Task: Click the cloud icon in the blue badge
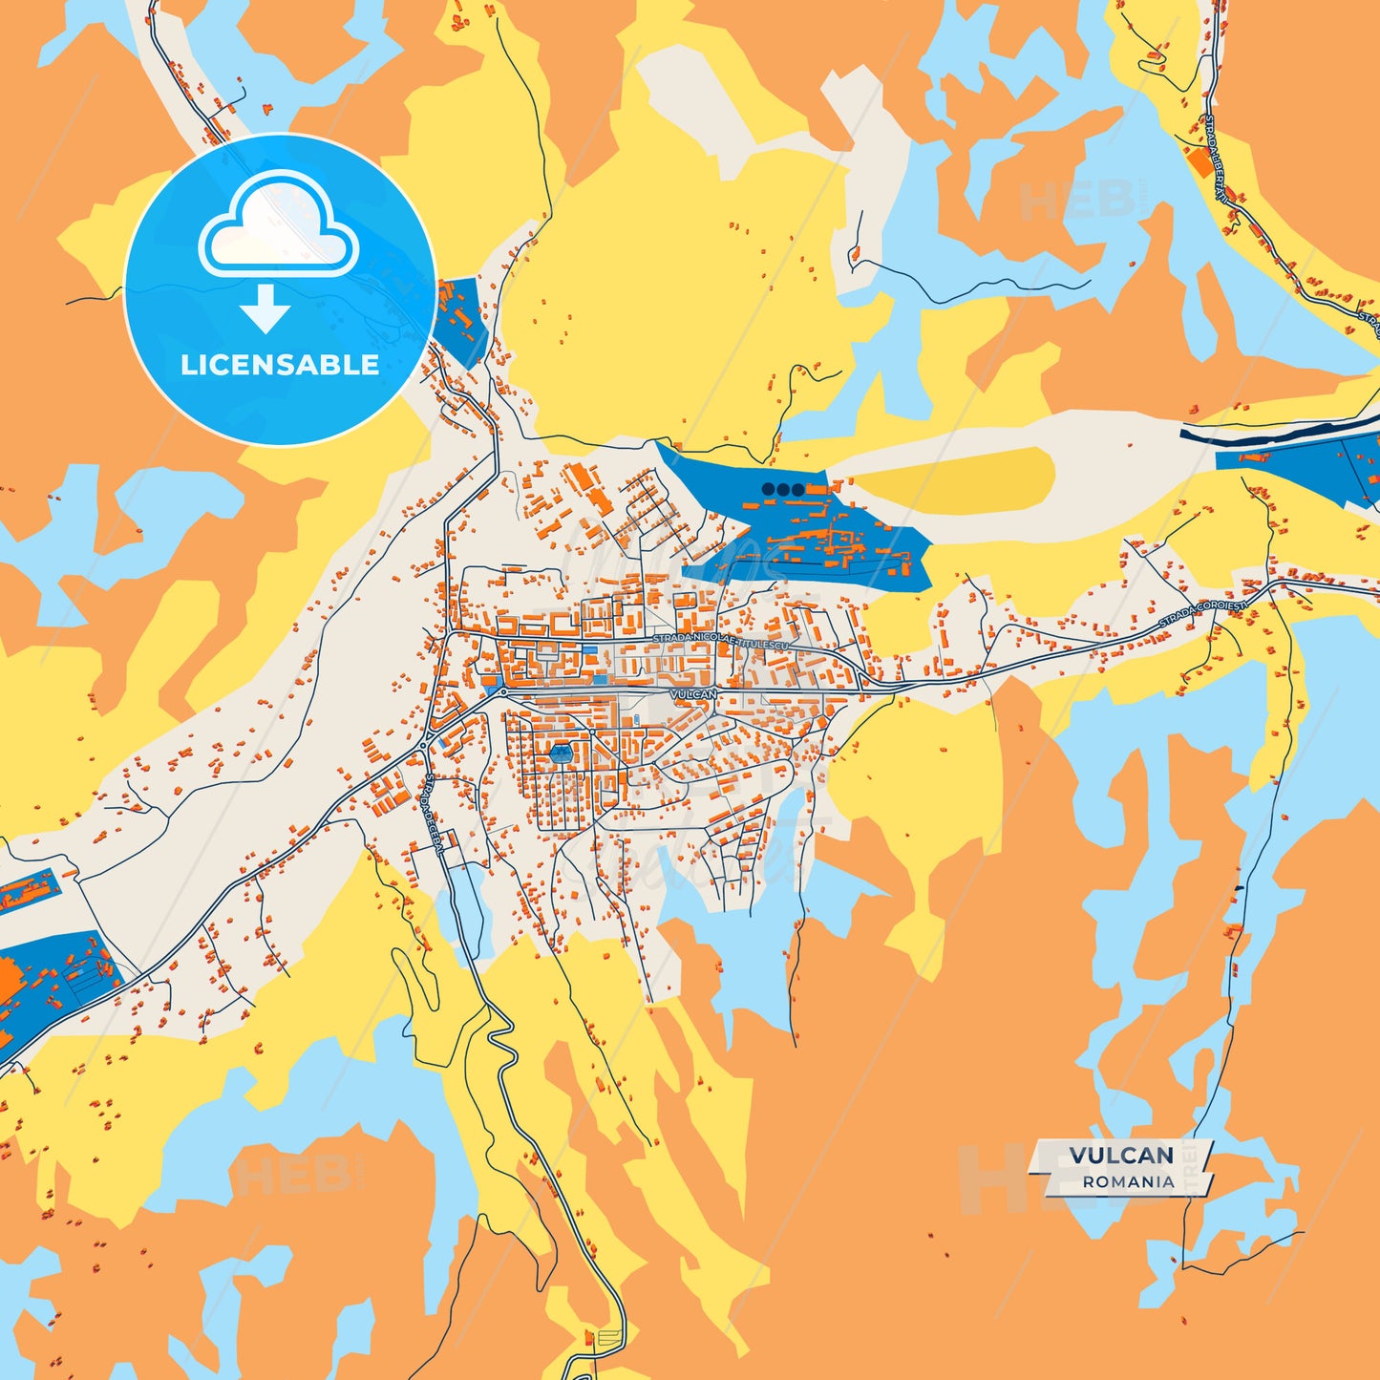coord(279,225)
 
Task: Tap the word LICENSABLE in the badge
coord(279,365)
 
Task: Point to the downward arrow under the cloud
coord(265,308)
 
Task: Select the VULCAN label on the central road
coord(692,694)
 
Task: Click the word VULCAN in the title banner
coord(1120,1156)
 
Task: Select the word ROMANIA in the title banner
coord(1128,1181)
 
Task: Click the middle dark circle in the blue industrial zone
coord(783,490)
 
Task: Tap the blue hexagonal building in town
coord(561,754)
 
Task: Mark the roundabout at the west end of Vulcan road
coord(503,690)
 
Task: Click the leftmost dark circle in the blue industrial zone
coord(768,490)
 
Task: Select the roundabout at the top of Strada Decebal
coord(424,746)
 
